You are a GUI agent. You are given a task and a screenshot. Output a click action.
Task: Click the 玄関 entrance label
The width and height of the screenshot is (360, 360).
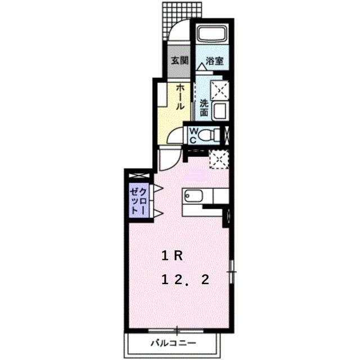coord(179,61)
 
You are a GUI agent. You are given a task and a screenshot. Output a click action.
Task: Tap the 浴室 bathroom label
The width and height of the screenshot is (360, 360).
coord(214,61)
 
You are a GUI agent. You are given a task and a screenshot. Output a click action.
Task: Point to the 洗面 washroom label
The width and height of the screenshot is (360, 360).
coord(204,107)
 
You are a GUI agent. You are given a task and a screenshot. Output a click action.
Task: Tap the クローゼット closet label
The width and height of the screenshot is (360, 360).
coord(139,200)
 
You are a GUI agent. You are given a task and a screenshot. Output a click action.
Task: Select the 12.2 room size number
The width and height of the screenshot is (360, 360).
coord(186,280)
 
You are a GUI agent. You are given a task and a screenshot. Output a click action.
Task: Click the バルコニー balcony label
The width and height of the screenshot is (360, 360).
coord(173,343)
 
